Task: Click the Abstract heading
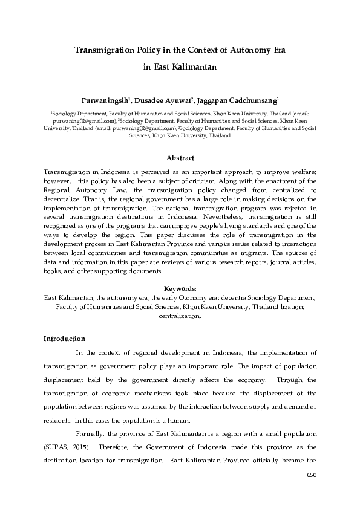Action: click(180, 158)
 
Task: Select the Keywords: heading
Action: click(180, 289)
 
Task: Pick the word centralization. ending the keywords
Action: click(180, 316)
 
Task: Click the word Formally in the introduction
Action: click(91, 435)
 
